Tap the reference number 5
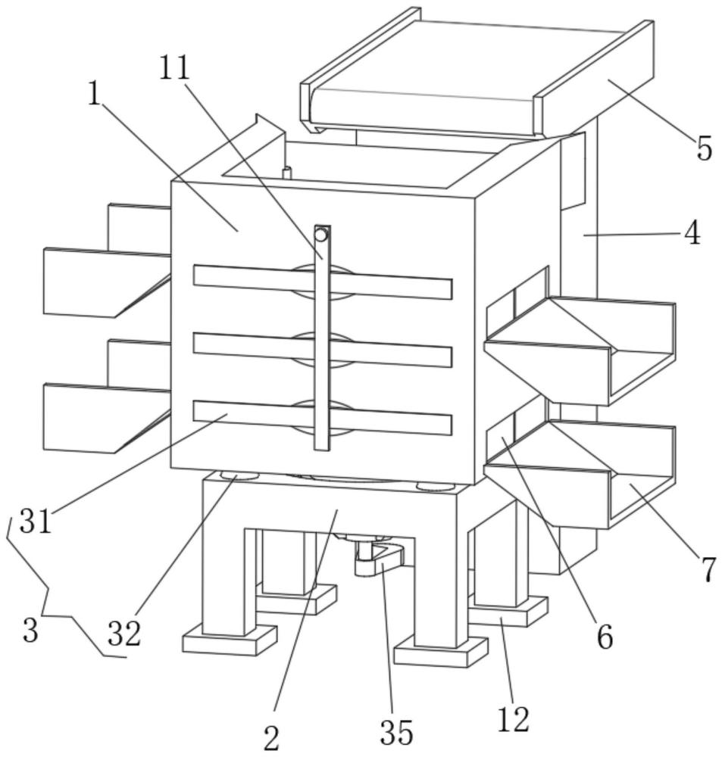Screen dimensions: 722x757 point(704,148)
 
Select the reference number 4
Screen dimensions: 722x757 point(692,234)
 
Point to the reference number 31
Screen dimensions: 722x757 point(36,522)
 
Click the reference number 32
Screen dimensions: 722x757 point(123,634)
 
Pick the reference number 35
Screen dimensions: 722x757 point(396,732)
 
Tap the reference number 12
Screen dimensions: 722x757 point(513,719)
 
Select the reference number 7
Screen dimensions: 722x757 point(708,570)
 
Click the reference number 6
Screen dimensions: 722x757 point(605,637)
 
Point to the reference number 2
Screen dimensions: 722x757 point(271,738)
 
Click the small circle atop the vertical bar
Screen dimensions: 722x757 point(321,235)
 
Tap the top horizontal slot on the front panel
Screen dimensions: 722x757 point(323,282)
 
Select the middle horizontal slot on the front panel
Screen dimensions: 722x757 point(323,350)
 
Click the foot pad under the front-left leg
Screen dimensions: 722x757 point(230,640)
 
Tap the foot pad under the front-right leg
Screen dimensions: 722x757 point(441,652)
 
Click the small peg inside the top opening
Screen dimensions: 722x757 point(286,173)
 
